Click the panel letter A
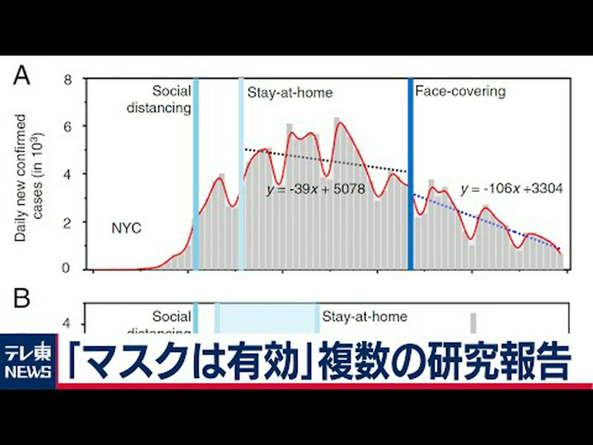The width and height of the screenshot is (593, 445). point(22,75)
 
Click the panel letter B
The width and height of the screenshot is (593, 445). point(22,298)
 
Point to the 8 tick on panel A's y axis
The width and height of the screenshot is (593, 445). point(68,80)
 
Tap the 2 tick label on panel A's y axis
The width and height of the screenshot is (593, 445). point(67,223)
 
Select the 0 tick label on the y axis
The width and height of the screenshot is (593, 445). point(66,268)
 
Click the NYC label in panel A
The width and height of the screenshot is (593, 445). point(126,228)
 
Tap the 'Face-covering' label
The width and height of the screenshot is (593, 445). point(460,91)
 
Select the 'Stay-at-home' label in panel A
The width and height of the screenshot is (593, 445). point(290,93)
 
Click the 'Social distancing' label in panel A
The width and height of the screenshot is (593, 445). point(159,100)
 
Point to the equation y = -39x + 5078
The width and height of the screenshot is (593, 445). point(316,189)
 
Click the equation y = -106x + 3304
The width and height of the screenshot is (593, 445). point(512,189)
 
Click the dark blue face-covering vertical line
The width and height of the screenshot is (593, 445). point(410,173)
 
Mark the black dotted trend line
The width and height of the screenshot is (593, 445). point(324,160)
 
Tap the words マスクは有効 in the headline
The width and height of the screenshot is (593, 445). point(185,361)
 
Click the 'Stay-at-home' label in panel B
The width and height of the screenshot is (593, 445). point(365,317)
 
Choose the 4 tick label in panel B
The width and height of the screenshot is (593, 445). point(66,324)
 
